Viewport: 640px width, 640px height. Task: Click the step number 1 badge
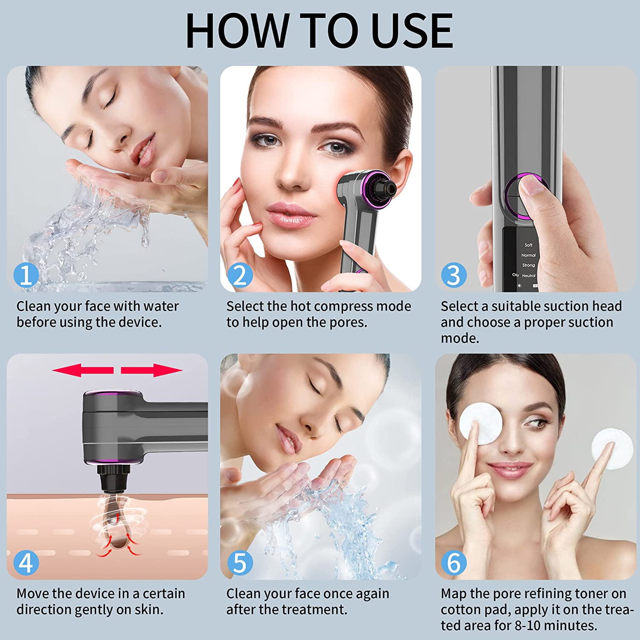tap(26, 275)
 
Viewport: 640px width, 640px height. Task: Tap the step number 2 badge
tap(240, 275)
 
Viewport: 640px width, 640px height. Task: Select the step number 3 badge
tap(454, 275)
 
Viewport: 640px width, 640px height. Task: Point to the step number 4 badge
tap(26, 563)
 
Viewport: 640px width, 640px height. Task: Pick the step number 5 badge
tap(240, 563)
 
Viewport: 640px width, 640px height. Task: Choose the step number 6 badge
tap(454, 563)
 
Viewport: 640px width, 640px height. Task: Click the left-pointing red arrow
tap(83, 370)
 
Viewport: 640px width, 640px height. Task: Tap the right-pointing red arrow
tap(151, 370)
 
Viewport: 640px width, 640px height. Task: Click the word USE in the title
tap(412, 31)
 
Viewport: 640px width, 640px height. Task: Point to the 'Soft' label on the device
tap(528, 245)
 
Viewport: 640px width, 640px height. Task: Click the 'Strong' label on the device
tap(528, 265)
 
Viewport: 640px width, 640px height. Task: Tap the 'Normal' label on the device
tap(528, 255)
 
